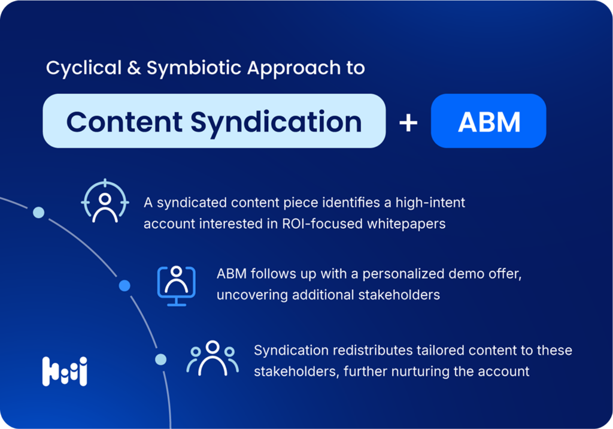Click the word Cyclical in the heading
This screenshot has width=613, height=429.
click(x=84, y=68)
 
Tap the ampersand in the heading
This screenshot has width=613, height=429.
click(x=133, y=67)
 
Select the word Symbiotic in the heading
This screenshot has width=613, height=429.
click(x=194, y=68)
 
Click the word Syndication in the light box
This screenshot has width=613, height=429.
click(x=276, y=122)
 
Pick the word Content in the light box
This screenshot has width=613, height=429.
click(x=125, y=122)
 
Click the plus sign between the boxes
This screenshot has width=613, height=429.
click(x=408, y=122)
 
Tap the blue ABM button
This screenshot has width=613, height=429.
click(x=488, y=120)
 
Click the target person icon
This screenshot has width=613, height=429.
click(x=105, y=201)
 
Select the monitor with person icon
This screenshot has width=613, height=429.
click(x=177, y=286)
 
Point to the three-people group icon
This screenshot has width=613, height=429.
click(x=213, y=358)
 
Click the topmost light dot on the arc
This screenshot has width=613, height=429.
click(x=39, y=213)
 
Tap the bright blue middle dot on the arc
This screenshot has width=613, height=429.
click(x=125, y=286)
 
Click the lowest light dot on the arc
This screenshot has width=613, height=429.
click(x=160, y=359)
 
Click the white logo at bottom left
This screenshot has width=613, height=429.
click(x=65, y=371)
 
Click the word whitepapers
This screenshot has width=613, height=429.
click(x=406, y=224)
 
